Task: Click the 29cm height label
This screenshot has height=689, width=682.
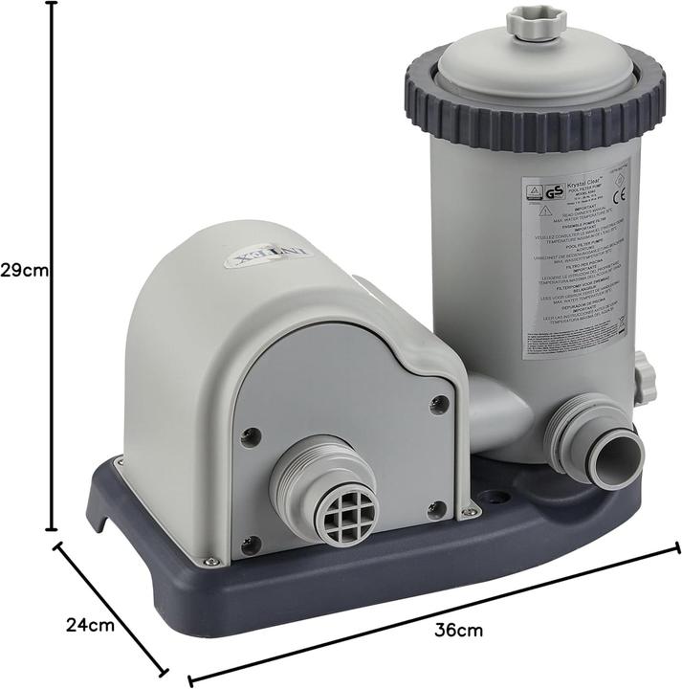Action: pos(24,270)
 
